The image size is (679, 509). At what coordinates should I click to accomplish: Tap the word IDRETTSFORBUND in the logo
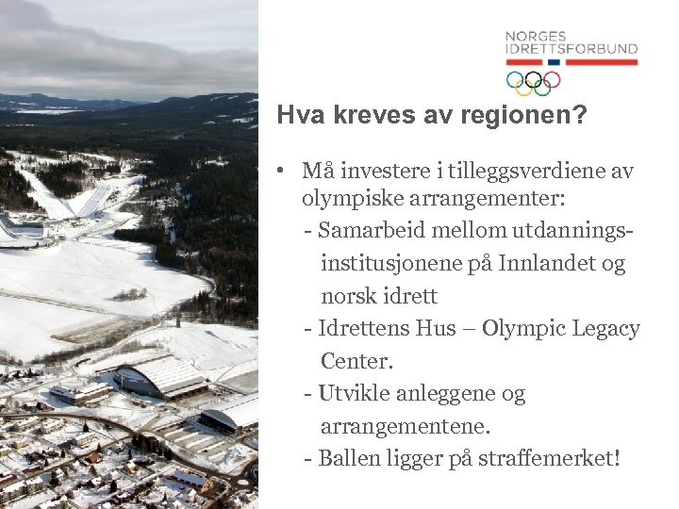[571, 49]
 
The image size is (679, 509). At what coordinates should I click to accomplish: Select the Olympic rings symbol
[533, 83]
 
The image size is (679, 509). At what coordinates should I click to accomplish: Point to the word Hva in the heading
[296, 116]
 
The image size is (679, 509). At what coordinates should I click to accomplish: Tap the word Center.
[356, 361]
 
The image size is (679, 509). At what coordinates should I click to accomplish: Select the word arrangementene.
[406, 426]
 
